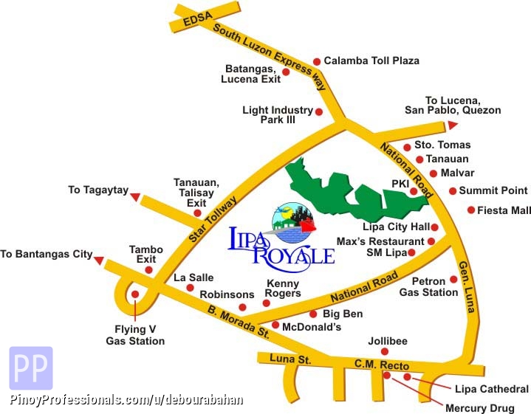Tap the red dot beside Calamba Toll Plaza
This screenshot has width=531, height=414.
pos(317,61)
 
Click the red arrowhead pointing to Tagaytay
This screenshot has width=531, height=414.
pos(135,195)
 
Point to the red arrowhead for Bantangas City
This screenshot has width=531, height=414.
pos(98,256)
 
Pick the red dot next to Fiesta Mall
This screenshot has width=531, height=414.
pos(470,210)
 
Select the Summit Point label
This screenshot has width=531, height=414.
pos(493,190)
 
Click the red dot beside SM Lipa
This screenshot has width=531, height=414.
pos(412,253)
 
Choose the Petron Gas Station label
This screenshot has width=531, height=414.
pos(428,286)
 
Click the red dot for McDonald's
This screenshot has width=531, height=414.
pos(275,325)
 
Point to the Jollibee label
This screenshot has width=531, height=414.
pos(388,341)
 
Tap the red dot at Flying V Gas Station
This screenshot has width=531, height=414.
pos(135,294)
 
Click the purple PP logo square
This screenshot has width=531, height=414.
pos(30,368)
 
